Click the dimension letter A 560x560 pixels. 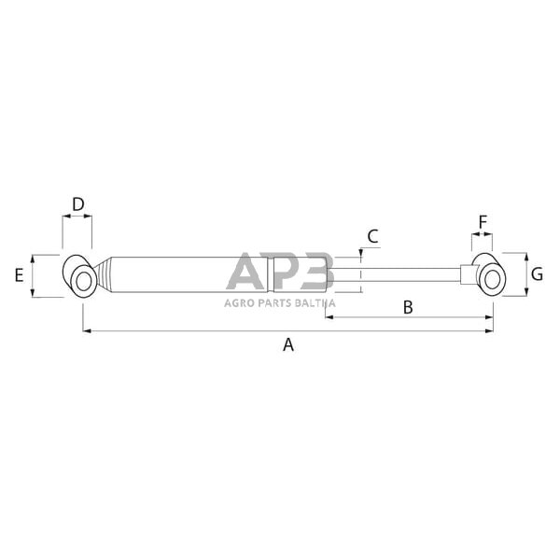[288, 345]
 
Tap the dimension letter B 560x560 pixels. [406, 306]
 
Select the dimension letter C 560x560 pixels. [372, 236]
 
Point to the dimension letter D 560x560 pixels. [78, 203]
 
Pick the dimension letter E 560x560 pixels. [19, 275]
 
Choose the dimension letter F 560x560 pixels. [483, 222]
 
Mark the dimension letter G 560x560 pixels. [538, 274]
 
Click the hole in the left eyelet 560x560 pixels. [83, 281]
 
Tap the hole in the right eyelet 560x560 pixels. [492, 277]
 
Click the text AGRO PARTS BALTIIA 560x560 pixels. [278, 302]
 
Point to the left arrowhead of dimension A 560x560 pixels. [86, 330]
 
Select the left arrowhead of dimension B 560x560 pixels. [329, 318]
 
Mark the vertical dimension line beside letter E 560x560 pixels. [33, 275]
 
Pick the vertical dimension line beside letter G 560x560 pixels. [527, 274]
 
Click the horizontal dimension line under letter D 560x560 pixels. [77, 217]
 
